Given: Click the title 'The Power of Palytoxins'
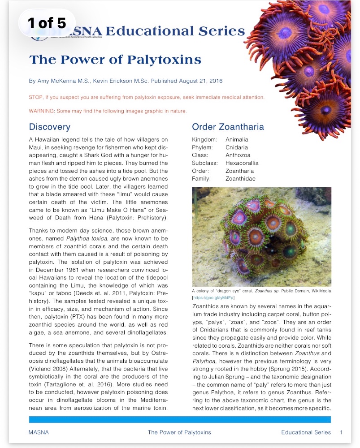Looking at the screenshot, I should click(x=115, y=60).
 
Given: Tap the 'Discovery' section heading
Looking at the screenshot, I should click(x=49, y=127).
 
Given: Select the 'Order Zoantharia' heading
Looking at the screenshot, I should click(x=228, y=127).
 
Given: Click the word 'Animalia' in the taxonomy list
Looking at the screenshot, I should click(x=237, y=140).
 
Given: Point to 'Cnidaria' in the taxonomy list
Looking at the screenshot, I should click(x=236, y=147).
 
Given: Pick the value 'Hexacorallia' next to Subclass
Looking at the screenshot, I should click(x=242, y=163).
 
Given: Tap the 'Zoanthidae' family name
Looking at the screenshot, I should click(x=240, y=179).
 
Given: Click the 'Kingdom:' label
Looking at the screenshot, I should click(x=204, y=140).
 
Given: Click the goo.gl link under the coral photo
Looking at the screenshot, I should click(x=213, y=297).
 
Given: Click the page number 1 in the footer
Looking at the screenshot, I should click(x=341, y=432).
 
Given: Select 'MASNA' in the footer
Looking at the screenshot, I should click(x=39, y=432).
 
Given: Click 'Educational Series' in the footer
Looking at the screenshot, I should click(x=306, y=432).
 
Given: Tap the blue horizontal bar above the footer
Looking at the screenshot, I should click(x=180, y=420).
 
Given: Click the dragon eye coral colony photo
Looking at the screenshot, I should click(x=261, y=237).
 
